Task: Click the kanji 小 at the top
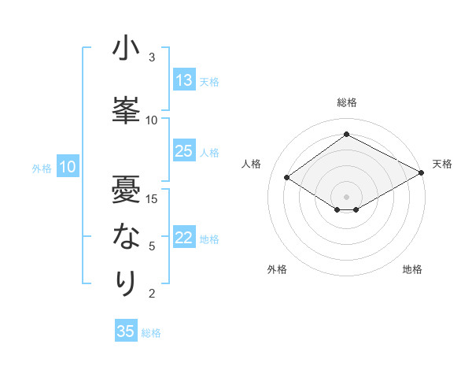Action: pos(126,50)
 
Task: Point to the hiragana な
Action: pos(126,235)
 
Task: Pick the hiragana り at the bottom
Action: pos(126,283)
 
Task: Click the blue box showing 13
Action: pos(183,80)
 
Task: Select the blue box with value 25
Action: pos(183,152)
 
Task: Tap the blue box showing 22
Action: pos(183,239)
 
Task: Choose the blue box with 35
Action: pos(126,331)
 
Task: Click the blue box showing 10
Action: pos(68,167)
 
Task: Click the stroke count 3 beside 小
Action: pos(152,57)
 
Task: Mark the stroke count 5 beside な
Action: pos(152,246)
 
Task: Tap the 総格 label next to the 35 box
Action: pos(151,333)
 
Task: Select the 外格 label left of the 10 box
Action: pos(41,168)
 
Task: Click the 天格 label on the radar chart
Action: pos(442,164)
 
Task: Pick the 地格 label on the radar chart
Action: pos(412,269)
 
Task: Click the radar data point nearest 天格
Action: pos(422,173)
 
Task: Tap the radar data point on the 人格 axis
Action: pos(287,178)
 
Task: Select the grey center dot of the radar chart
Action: pos(346,195)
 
